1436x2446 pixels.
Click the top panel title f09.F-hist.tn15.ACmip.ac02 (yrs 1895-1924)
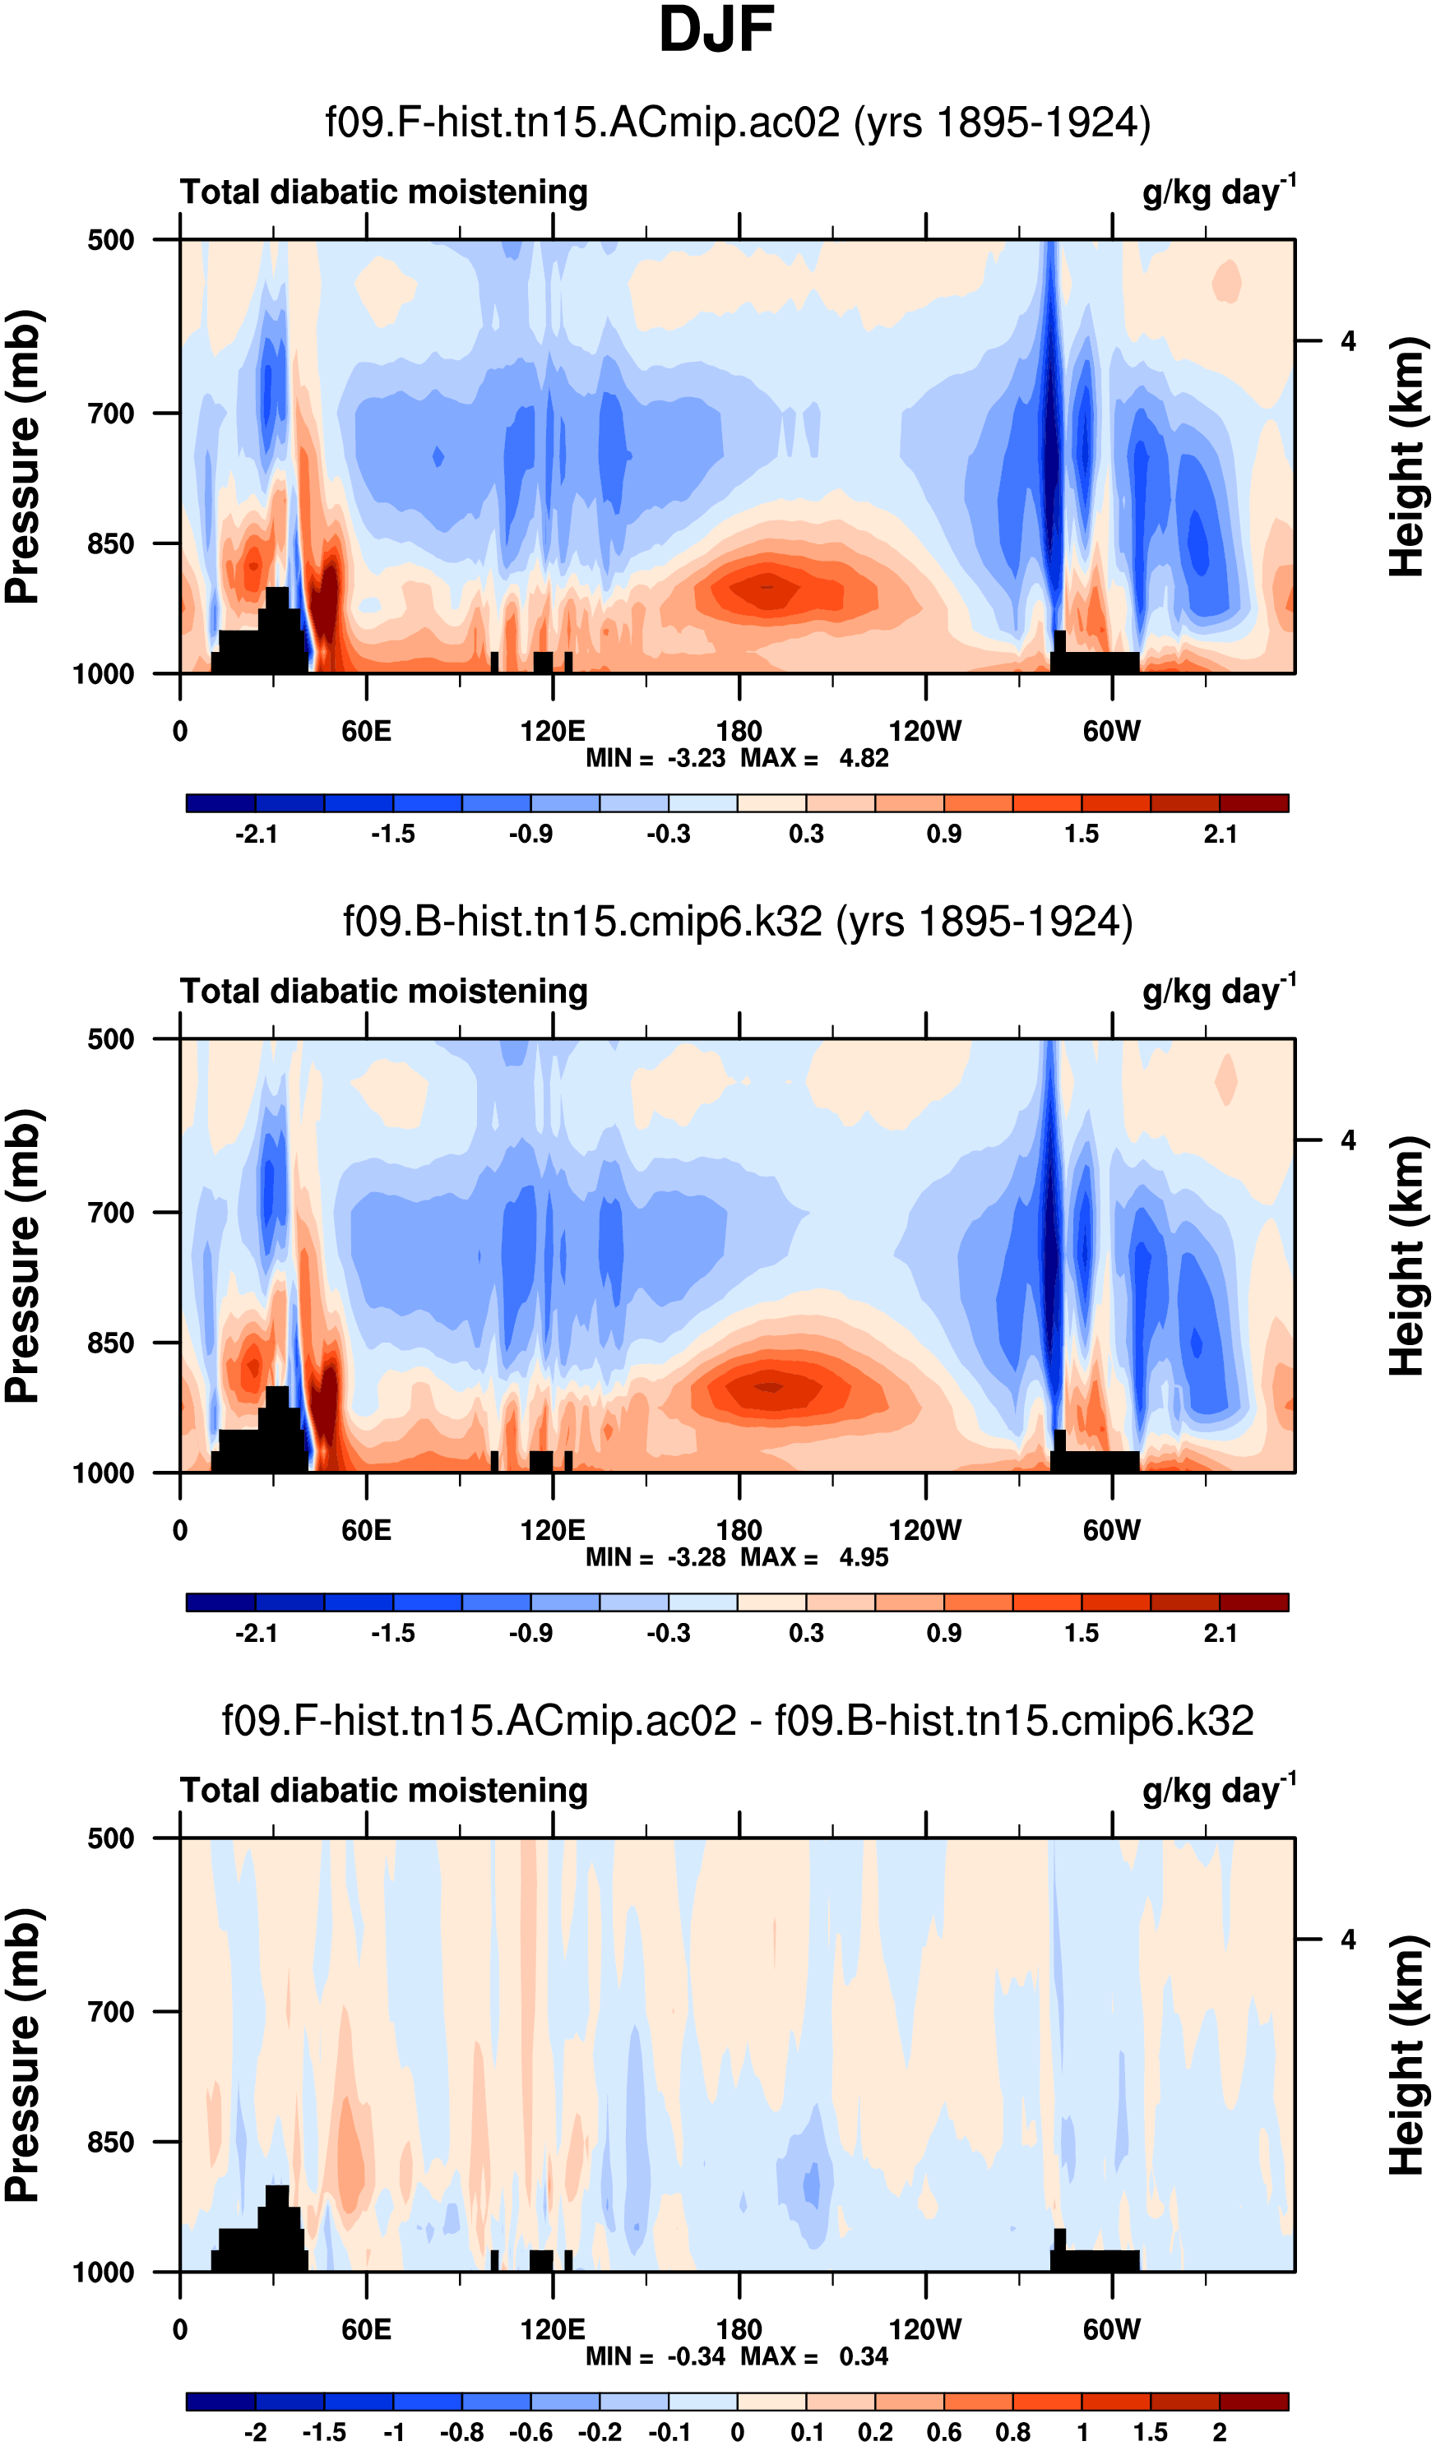(x=737, y=123)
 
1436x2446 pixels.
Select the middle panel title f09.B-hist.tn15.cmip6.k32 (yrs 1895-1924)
(x=737, y=921)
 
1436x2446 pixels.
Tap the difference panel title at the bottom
(x=737, y=1720)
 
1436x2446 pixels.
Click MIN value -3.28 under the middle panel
(x=696, y=1557)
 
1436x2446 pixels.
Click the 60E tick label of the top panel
(x=366, y=731)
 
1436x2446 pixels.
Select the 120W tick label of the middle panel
(x=924, y=1530)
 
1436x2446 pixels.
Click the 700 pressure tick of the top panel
(x=111, y=414)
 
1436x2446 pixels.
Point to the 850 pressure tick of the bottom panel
(x=111, y=2141)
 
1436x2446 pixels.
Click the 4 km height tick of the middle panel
(x=1348, y=1140)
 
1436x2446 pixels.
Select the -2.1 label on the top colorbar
(x=257, y=834)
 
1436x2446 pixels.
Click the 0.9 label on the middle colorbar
(x=943, y=1633)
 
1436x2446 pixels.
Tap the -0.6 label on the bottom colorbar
(x=531, y=2431)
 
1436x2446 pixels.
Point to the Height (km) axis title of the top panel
(x=1407, y=457)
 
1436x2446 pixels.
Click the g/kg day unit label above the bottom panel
(x=1217, y=1791)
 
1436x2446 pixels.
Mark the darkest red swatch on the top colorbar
(x=1253, y=802)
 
